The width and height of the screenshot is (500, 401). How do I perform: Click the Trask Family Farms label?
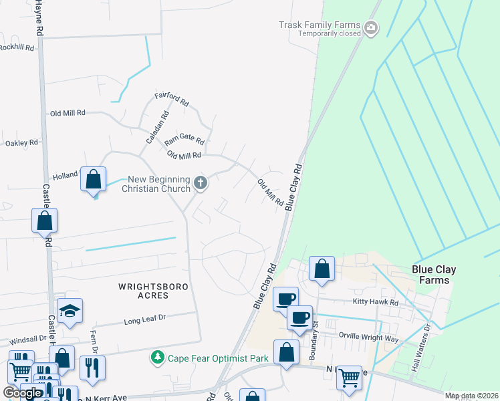320,25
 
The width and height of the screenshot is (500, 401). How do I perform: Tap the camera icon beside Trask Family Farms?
371,28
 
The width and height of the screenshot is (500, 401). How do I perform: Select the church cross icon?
200,182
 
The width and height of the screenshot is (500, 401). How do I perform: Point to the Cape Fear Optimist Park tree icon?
158,358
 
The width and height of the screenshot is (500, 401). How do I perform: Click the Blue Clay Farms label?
434,275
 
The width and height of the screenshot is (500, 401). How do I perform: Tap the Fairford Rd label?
172,100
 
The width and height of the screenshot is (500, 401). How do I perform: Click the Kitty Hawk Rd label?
375,302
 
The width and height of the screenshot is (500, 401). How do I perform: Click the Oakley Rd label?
21,143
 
